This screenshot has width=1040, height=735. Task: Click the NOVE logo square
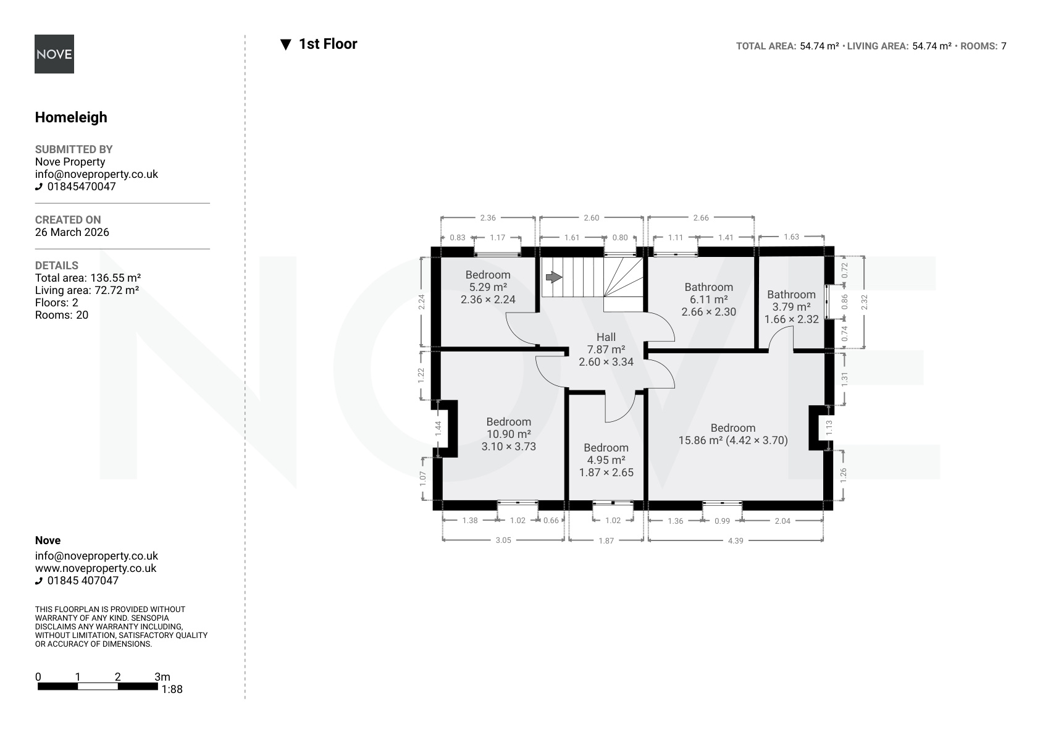coord(54,54)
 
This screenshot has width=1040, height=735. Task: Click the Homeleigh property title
coord(71,117)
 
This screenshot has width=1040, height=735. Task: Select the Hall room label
coord(606,337)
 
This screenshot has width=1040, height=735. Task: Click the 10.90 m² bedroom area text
coord(509,434)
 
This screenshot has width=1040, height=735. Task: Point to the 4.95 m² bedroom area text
coord(606,460)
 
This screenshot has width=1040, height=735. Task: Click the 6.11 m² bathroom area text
coord(709,300)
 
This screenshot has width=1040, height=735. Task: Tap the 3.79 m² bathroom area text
coord(792,307)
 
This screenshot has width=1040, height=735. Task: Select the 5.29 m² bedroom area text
coord(488,287)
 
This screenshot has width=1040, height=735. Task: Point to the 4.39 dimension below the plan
coord(736,541)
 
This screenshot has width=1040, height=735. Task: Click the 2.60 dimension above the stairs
coord(592,218)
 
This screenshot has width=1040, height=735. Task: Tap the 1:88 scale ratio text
coord(172,689)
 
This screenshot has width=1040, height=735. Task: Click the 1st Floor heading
coord(328,44)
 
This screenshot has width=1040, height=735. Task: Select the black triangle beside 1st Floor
coord(285,44)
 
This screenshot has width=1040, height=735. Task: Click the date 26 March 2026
coord(72,232)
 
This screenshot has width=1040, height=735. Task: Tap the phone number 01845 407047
coord(83,581)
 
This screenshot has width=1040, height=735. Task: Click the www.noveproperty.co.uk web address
coord(96,568)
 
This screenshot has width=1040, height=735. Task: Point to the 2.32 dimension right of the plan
coord(865,302)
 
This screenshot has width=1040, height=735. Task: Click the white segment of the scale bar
coord(98,687)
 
